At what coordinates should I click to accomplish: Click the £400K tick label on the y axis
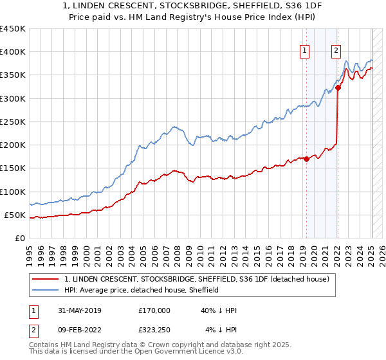click(x=12, y=52)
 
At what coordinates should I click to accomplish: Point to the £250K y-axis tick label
click(x=12, y=122)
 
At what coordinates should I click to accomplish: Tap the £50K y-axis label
click(x=15, y=215)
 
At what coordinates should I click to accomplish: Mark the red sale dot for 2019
click(x=306, y=159)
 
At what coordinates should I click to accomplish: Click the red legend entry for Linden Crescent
click(x=197, y=280)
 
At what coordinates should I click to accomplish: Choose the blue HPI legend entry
click(x=142, y=290)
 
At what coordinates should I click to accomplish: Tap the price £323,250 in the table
click(x=154, y=330)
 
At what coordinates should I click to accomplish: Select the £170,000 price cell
click(x=154, y=310)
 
